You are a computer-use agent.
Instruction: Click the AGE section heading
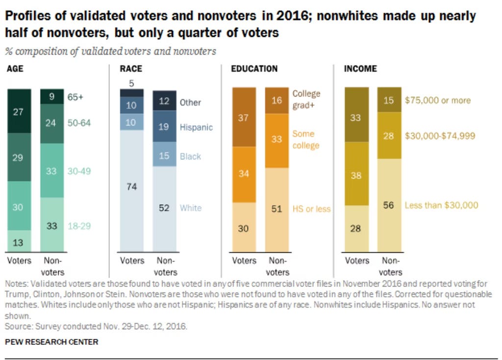(15, 69)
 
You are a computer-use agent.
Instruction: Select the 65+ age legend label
(75, 97)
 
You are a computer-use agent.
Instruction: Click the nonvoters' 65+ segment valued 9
(51, 96)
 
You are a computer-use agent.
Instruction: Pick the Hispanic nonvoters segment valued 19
(164, 127)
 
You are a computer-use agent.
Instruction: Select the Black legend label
(190, 156)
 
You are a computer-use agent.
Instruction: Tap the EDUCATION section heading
(254, 69)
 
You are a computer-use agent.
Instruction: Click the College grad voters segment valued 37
(244, 117)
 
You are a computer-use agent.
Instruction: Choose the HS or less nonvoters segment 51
(277, 209)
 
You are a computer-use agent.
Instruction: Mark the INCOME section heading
(360, 69)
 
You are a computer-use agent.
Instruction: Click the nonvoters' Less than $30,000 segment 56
(389, 205)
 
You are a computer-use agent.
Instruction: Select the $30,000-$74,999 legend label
(440, 136)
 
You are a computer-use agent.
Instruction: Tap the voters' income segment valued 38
(356, 175)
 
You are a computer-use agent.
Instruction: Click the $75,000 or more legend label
(437, 100)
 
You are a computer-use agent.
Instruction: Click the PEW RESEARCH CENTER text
(51, 342)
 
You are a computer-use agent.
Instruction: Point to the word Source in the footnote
(16, 326)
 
